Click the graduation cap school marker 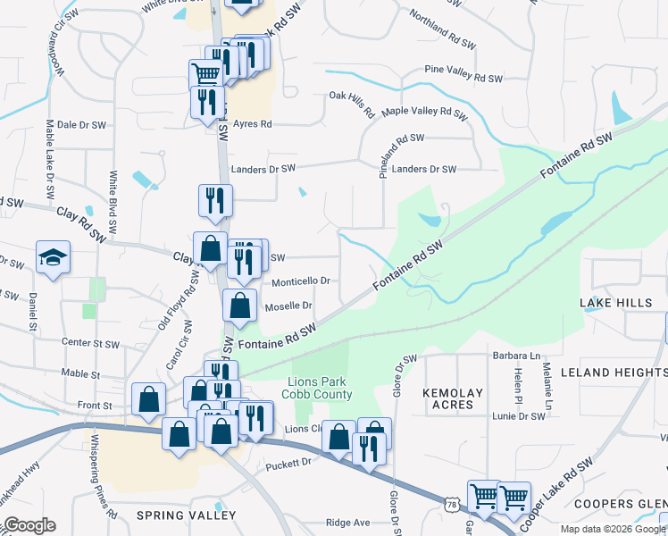click(53, 257)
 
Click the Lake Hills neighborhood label click(616, 304)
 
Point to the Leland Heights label click(614, 371)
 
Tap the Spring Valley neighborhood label click(186, 515)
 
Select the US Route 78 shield click(455, 507)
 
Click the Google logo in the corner click(29, 525)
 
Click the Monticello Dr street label click(300, 281)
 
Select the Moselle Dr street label click(288, 306)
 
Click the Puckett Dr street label click(288, 464)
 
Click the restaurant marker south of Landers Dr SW click(214, 200)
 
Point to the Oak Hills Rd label click(351, 104)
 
